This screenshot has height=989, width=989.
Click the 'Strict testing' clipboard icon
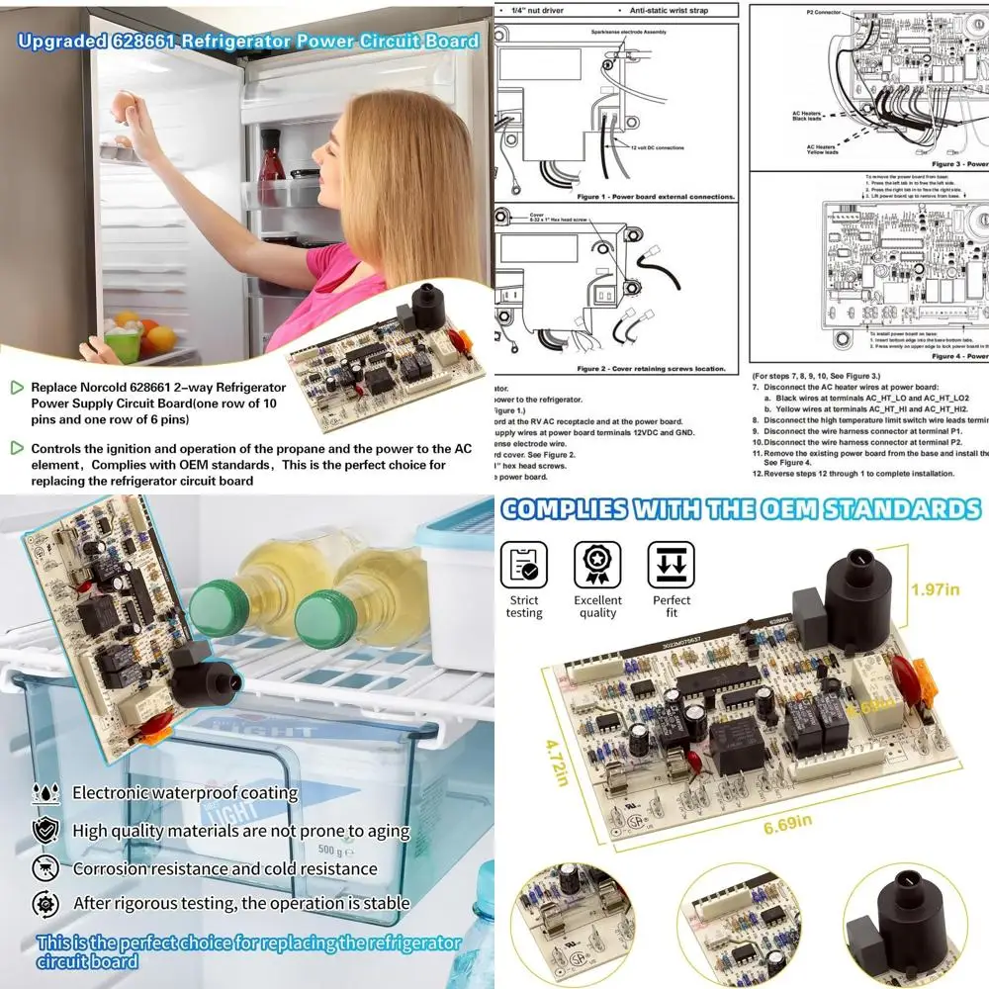click(x=523, y=566)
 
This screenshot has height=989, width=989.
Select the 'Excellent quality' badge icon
click(x=597, y=566)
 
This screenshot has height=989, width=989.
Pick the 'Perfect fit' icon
click(x=672, y=566)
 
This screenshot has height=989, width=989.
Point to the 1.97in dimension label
click(x=935, y=590)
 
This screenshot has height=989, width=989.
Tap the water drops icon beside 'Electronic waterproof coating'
click(x=45, y=792)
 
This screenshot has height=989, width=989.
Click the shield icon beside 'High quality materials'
click(x=45, y=830)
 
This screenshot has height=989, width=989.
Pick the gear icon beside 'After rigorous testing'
click(x=45, y=903)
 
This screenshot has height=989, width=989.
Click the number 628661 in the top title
click(x=223, y=41)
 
